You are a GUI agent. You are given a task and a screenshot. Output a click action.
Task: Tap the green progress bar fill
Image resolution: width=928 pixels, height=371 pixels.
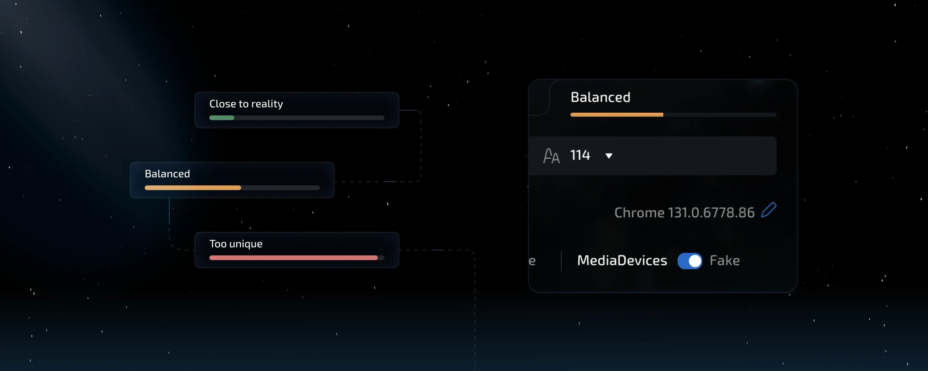[222, 118]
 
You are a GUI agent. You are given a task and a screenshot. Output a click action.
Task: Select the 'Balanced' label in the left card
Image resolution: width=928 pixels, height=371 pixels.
[167, 174]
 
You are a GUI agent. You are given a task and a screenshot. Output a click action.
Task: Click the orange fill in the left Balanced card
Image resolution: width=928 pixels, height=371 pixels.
[193, 188]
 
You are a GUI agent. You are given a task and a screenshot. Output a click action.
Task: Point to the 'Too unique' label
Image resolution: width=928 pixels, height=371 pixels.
[236, 244]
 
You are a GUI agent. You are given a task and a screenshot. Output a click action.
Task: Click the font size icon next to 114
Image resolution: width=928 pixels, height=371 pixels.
[551, 156]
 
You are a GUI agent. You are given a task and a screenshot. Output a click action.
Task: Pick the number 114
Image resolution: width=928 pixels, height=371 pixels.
[580, 155]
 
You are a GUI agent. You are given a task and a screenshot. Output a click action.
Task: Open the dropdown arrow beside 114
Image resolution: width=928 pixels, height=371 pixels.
[609, 156]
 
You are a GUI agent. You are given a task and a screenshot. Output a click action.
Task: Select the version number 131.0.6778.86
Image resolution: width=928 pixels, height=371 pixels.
[711, 213]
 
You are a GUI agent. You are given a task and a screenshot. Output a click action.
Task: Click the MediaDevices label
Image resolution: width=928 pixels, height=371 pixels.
[622, 260]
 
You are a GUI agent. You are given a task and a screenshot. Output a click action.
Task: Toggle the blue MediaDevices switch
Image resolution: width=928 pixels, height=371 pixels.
[689, 261]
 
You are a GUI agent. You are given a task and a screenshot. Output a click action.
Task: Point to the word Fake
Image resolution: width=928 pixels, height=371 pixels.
[725, 260]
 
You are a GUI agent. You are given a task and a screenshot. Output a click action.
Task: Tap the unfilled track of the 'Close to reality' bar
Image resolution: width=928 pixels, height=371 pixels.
[309, 118]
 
